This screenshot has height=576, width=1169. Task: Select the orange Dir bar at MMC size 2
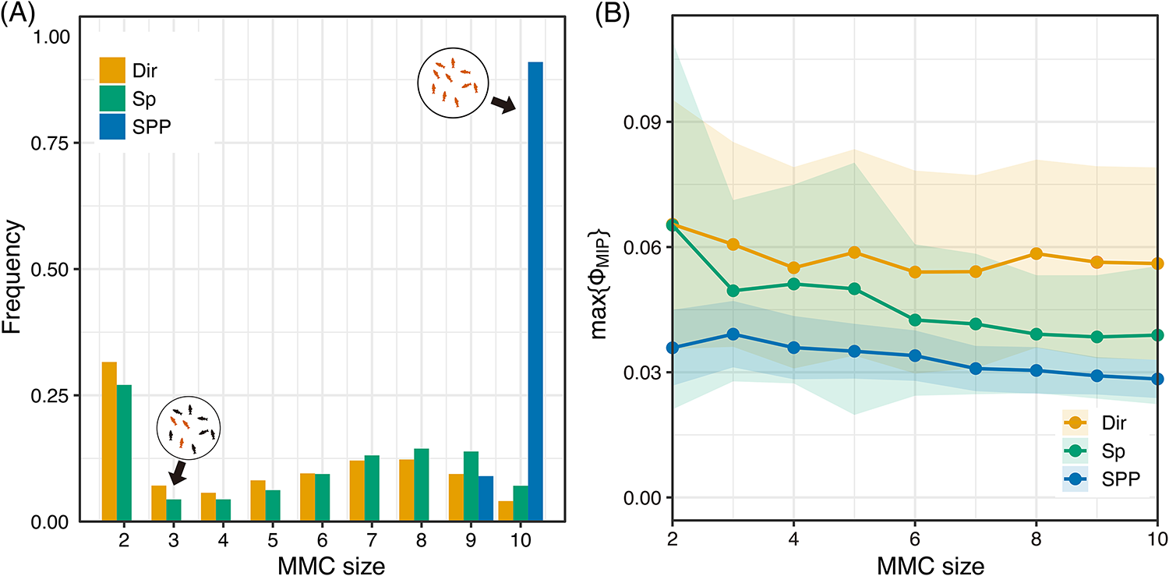pos(109,441)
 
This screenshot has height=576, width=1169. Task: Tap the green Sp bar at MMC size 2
pos(124,453)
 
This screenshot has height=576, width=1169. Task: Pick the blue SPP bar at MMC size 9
pos(485,498)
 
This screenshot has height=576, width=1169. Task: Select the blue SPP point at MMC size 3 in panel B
pos(733,334)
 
